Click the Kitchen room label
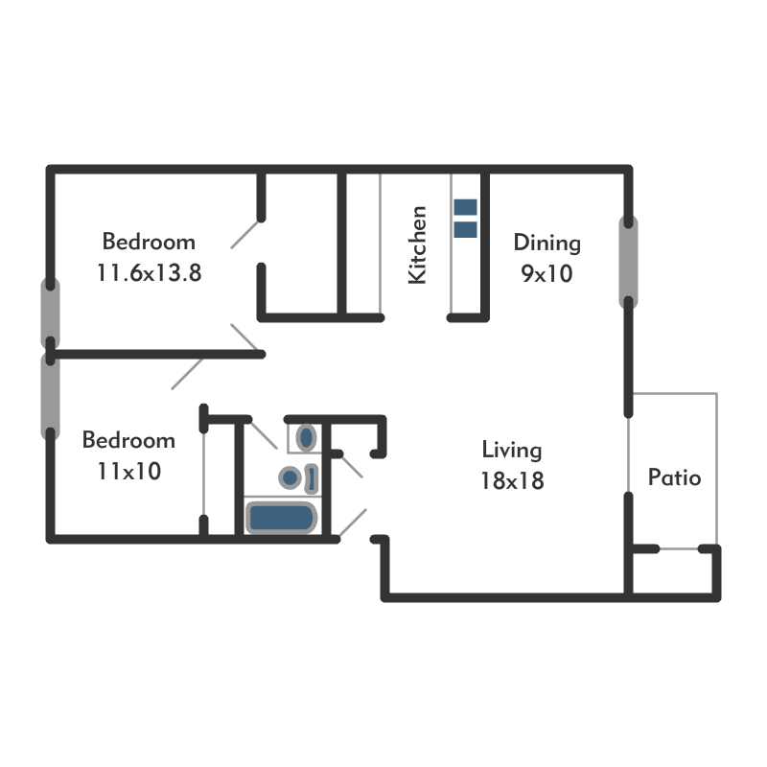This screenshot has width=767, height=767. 417,244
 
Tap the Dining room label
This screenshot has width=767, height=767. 546,242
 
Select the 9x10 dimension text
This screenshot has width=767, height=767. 546,273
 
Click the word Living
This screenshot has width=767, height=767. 512,450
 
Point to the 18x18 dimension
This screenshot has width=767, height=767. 512,480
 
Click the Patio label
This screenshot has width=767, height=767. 674,477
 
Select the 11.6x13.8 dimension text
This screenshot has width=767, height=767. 149,272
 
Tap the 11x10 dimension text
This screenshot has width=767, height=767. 128,472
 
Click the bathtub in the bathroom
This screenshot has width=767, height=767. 282,518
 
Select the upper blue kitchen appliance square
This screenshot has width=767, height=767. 465,206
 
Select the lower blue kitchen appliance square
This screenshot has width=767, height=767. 465,228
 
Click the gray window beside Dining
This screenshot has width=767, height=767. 628,262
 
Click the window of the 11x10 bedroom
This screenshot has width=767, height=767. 49,395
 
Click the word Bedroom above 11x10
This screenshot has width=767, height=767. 128,441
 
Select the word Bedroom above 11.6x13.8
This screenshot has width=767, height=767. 149,242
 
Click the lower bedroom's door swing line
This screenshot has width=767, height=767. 186,375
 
